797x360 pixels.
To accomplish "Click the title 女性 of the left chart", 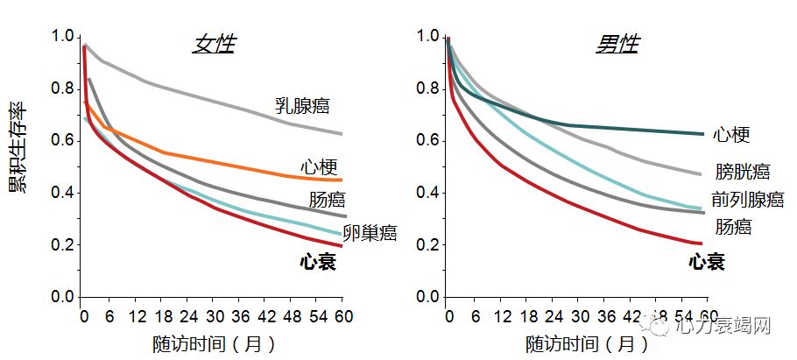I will (x=214, y=44).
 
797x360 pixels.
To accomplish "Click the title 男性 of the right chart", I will (x=618, y=44).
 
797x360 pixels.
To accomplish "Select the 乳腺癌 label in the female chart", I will (x=300, y=107).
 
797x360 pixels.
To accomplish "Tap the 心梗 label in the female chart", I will (x=320, y=167).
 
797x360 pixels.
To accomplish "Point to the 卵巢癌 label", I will (x=370, y=233).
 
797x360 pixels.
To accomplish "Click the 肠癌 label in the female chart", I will (x=328, y=200).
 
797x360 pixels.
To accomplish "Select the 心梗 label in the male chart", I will (x=731, y=134).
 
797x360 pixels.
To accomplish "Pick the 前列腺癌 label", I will (x=747, y=200).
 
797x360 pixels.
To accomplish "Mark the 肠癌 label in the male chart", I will (x=732, y=227).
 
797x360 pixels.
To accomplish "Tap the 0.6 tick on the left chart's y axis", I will (x=63, y=141).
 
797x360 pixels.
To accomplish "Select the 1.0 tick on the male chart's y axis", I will (x=429, y=37).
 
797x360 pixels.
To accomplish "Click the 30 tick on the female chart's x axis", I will (x=213, y=316).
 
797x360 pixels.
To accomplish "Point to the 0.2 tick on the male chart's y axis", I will (x=429, y=246).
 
